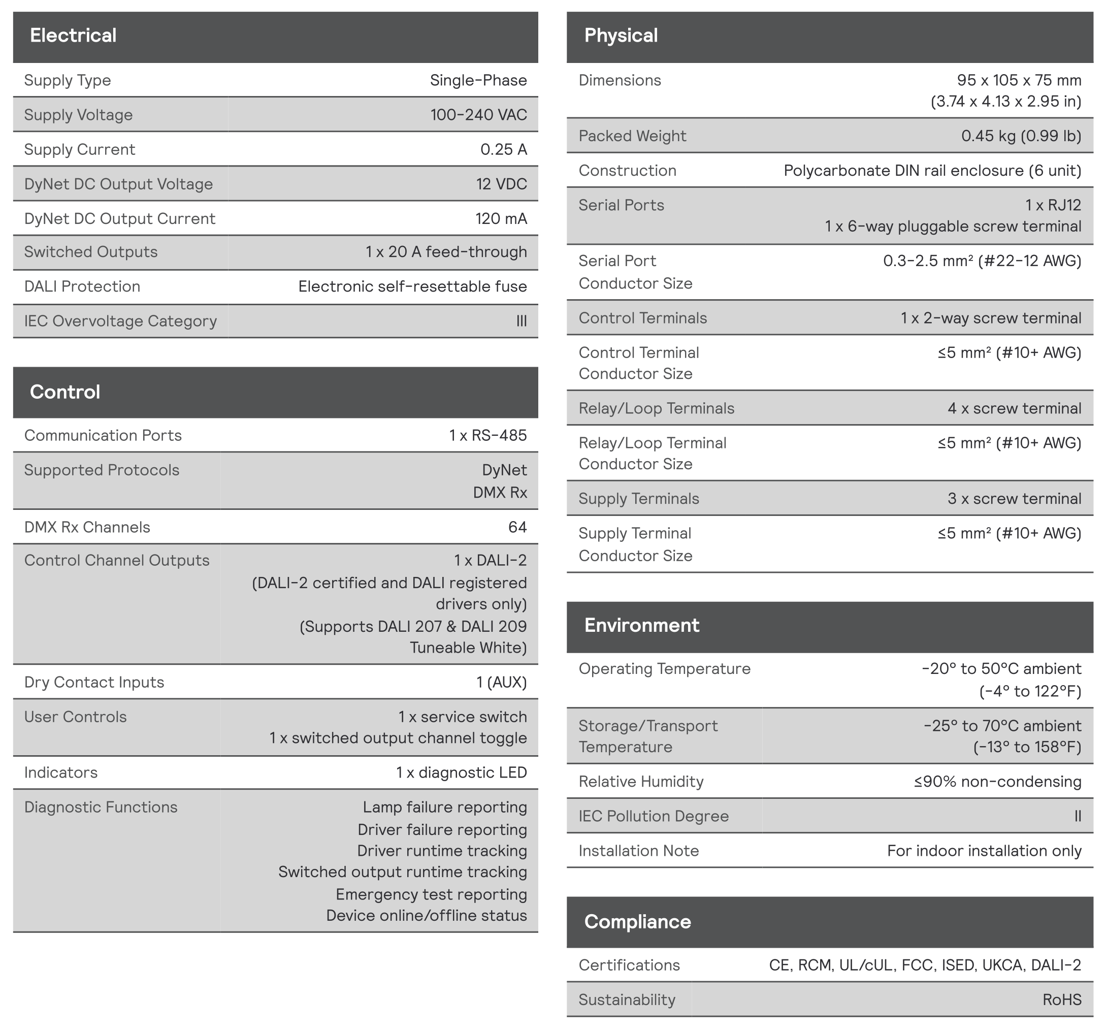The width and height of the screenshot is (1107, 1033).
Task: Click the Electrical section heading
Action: coord(73,36)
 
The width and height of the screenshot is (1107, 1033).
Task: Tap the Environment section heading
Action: coord(641,625)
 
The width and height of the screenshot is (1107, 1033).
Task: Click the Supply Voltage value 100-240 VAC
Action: coord(478,115)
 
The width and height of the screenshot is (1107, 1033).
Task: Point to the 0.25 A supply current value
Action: coord(503,149)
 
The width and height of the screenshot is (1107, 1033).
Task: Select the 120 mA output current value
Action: coord(501,218)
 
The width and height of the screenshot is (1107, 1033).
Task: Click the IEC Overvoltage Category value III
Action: coord(521,321)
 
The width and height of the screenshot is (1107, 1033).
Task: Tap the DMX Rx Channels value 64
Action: coord(517,527)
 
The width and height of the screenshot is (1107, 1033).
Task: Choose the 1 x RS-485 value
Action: coord(488,435)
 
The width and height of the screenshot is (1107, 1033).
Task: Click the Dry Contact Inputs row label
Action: coord(94,682)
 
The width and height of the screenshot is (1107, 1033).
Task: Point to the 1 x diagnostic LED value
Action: coord(461,772)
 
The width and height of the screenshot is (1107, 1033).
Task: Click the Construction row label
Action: coord(627,171)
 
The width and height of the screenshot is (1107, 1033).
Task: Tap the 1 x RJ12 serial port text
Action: coord(1053,205)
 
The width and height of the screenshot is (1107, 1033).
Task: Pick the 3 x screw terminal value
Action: coord(1014,498)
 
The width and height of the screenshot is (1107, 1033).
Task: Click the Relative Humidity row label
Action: coord(641,781)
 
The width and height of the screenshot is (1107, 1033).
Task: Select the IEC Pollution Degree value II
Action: coord(1078,816)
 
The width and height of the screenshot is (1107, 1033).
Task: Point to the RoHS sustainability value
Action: coord(1061,999)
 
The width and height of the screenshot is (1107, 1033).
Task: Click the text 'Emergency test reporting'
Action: coord(431,894)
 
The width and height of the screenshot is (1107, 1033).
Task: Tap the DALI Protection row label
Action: coord(82,286)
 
